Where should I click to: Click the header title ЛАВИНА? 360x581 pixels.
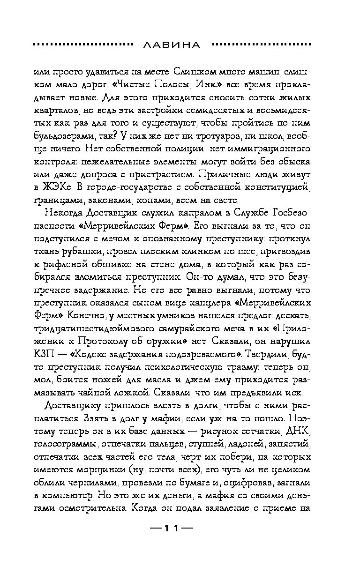[171, 45]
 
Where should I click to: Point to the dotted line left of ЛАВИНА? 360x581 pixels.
[82, 45]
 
